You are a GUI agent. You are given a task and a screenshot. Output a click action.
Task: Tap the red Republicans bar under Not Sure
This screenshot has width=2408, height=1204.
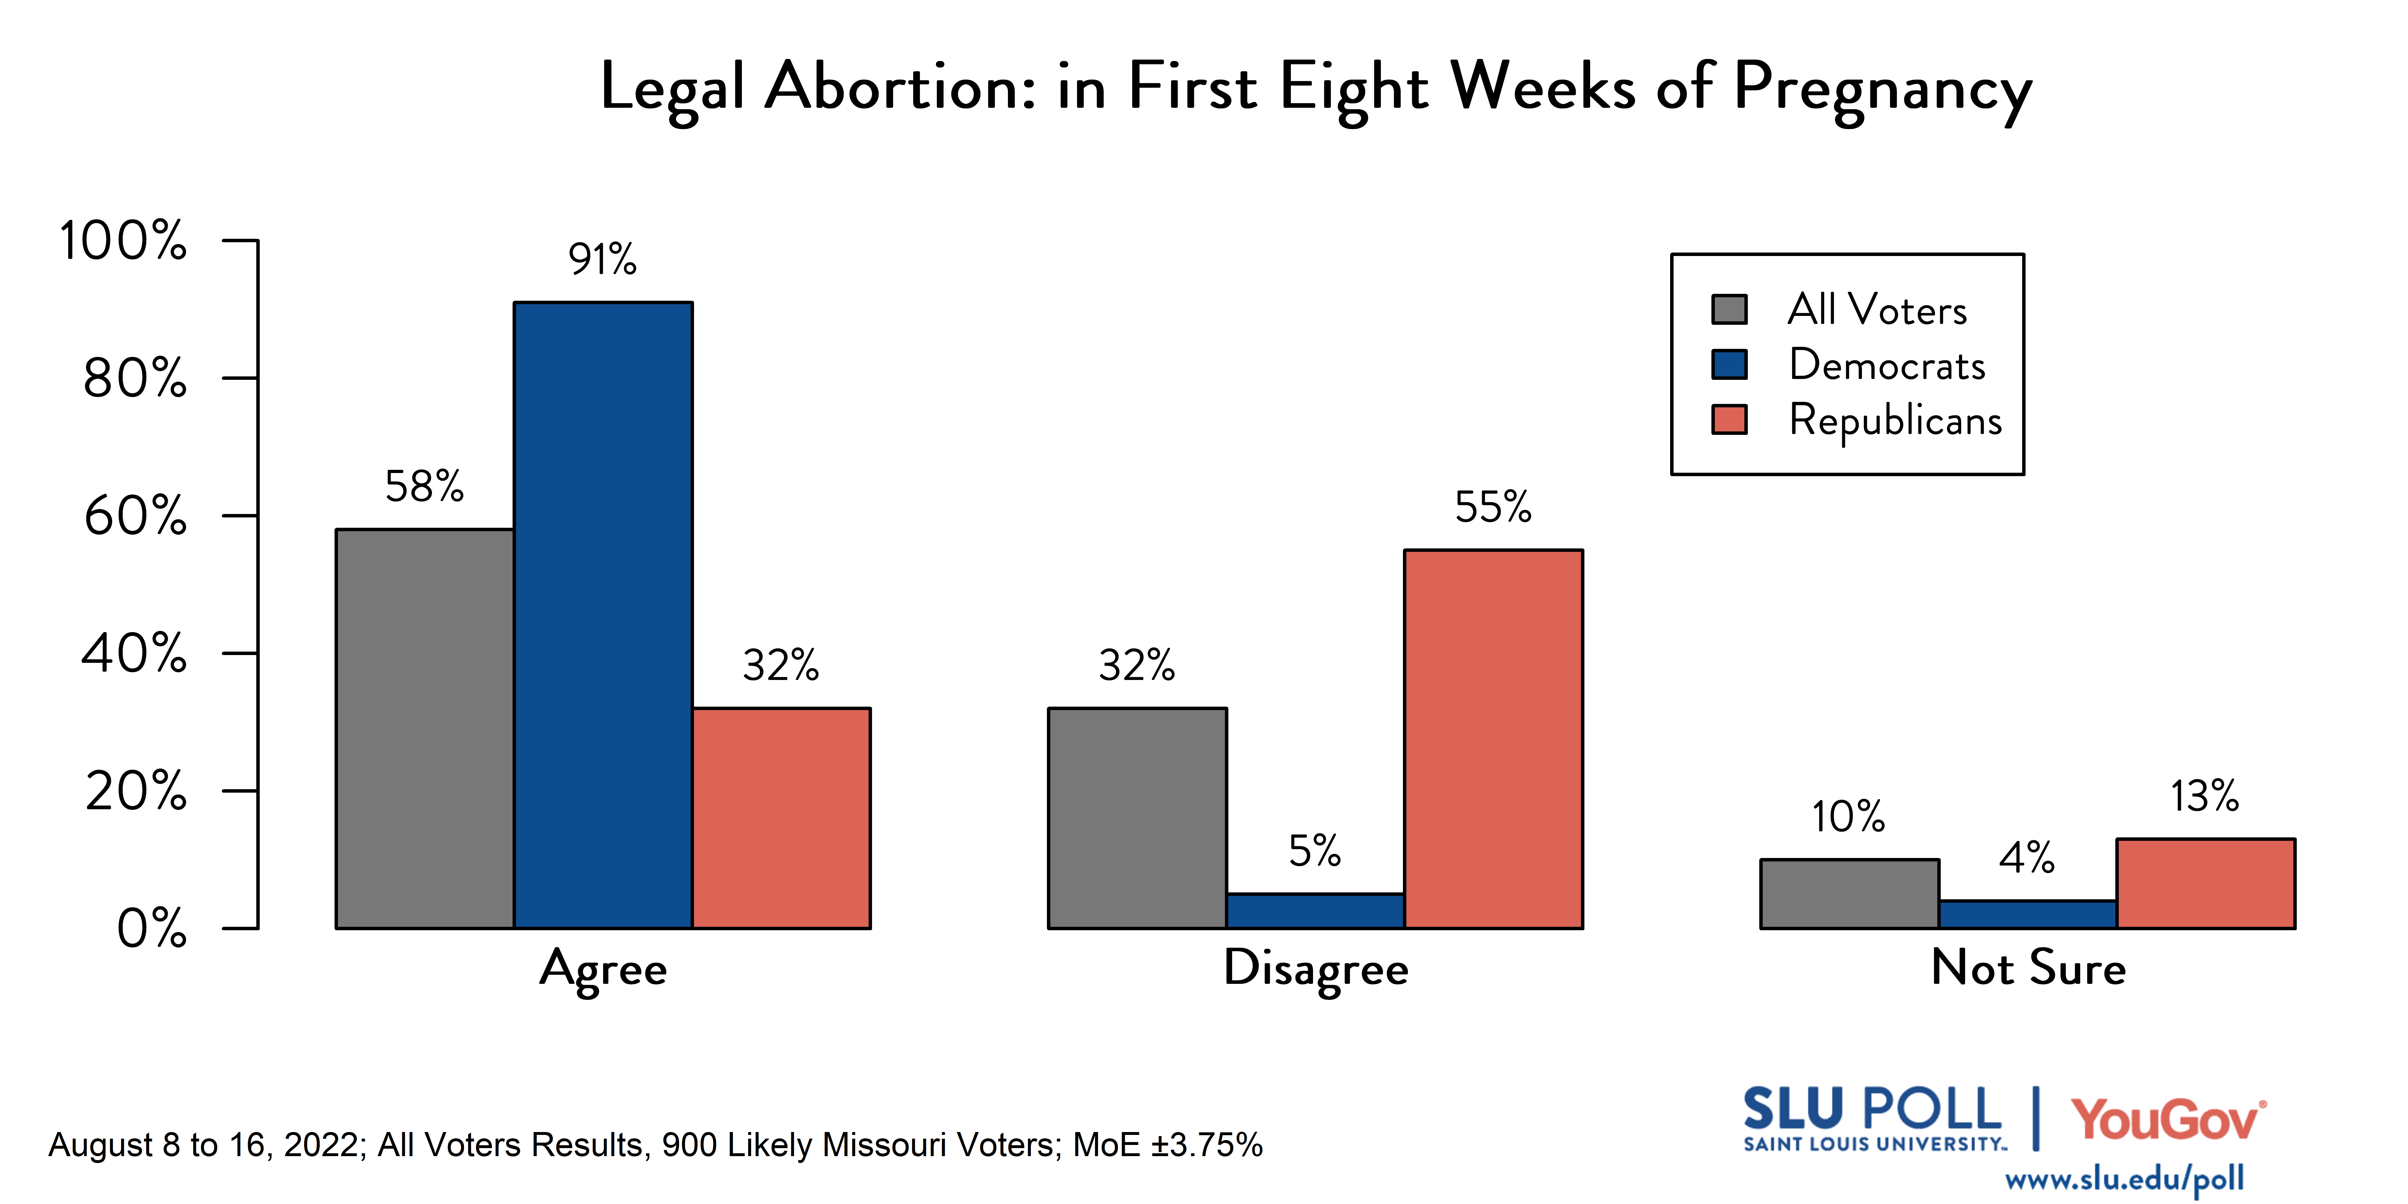click(2205, 884)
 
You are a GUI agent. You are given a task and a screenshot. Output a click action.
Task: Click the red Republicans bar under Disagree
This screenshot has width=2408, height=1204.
click(1493, 738)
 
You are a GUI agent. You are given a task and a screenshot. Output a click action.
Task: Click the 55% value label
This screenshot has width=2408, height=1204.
click(1493, 508)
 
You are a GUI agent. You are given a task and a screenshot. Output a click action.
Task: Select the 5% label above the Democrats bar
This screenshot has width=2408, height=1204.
click(1314, 851)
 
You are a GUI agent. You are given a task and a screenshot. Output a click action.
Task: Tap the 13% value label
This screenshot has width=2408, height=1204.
click(2204, 796)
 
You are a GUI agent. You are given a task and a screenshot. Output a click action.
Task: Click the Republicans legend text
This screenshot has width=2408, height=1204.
click(1895, 420)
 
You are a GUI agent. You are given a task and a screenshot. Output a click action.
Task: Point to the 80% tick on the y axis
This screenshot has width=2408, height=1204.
click(136, 379)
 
